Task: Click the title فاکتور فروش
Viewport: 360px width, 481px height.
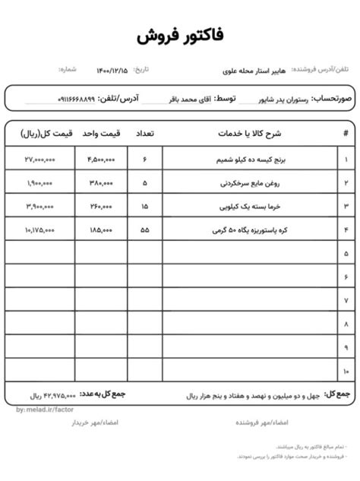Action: tap(180, 36)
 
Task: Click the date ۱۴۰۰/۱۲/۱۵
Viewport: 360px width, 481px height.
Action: tap(112, 70)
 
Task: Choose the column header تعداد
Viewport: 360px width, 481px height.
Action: tap(144, 134)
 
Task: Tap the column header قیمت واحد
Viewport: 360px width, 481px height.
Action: tap(101, 134)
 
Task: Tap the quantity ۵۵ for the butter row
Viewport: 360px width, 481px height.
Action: tap(145, 229)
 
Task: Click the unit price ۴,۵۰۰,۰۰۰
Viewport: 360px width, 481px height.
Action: tap(101, 160)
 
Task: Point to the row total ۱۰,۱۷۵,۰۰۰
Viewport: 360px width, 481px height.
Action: tap(39, 229)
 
